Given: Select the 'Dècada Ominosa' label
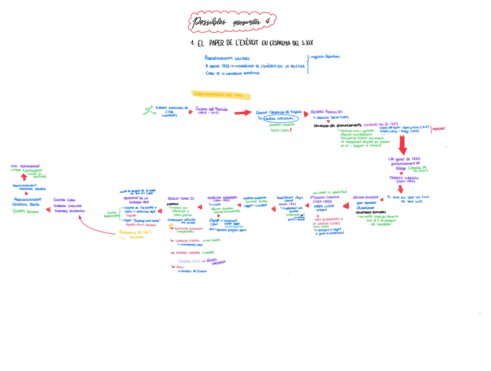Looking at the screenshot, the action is tap(366, 197).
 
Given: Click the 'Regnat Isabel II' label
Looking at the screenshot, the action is tap(181, 198).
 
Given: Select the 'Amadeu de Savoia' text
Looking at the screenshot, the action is tap(194, 271).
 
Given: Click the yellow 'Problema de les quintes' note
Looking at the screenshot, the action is tap(134, 234).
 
